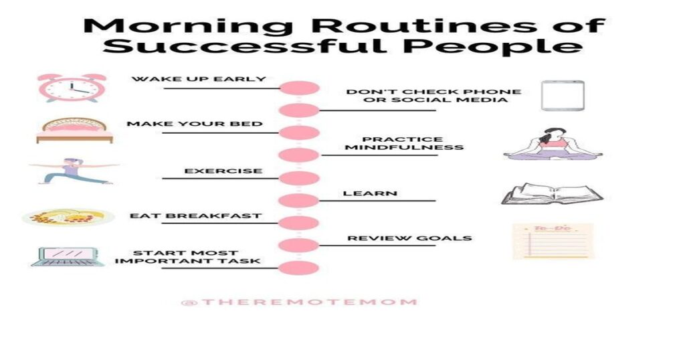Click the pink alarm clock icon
pyautogui.click(x=72, y=88)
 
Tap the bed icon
pyautogui.click(x=74, y=130)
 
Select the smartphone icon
pyautogui.click(x=563, y=95)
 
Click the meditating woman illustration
pyautogui.click(x=553, y=144)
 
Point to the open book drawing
pyautogui.click(x=552, y=193)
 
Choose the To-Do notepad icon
pyautogui.click(x=553, y=241)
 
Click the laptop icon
pyautogui.click(x=68, y=257)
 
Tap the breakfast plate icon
pyautogui.click(x=68, y=217)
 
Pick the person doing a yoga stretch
pyautogui.click(x=74, y=171)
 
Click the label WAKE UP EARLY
pyautogui.click(x=199, y=79)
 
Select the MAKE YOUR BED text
pyautogui.click(x=195, y=124)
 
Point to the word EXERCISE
pyautogui.click(x=223, y=171)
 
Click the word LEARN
pyautogui.click(x=370, y=193)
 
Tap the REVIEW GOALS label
pyautogui.click(x=410, y=238)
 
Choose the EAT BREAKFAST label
pyautogui.click(x=196, y=216)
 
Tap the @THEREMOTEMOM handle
pyautogui.click(x=299, y=302)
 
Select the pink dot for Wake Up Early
pyautogui.click(x=299, y=88)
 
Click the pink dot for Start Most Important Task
pyautogui.click(x=299, y=268)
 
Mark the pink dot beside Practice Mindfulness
pyautogui.click(x=299, y=155)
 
